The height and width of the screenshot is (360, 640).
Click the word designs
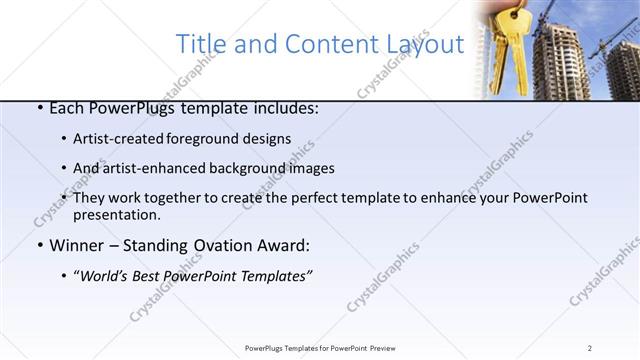pos(269,139)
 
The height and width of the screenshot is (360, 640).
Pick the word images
pos(310,168)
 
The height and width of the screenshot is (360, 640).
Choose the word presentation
pos(115,215)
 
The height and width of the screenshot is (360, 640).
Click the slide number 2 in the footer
pos(590,347)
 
